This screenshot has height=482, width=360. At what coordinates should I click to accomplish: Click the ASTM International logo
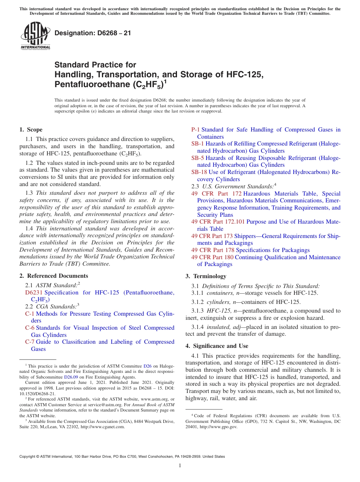35,36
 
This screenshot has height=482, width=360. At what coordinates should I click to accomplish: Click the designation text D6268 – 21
92,33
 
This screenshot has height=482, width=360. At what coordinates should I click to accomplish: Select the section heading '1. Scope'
31,130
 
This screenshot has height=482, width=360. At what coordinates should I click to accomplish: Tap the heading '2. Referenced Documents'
53,276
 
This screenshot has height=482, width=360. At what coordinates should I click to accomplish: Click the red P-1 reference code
195,130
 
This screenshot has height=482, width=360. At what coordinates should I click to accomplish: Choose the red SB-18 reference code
199,172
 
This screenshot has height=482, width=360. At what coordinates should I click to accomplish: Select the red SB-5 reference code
197,158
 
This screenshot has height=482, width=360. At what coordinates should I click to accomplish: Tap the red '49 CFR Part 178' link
213,250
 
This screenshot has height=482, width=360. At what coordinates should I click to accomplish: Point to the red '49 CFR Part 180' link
213,257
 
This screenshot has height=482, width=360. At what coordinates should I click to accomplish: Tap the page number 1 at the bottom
180,466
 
